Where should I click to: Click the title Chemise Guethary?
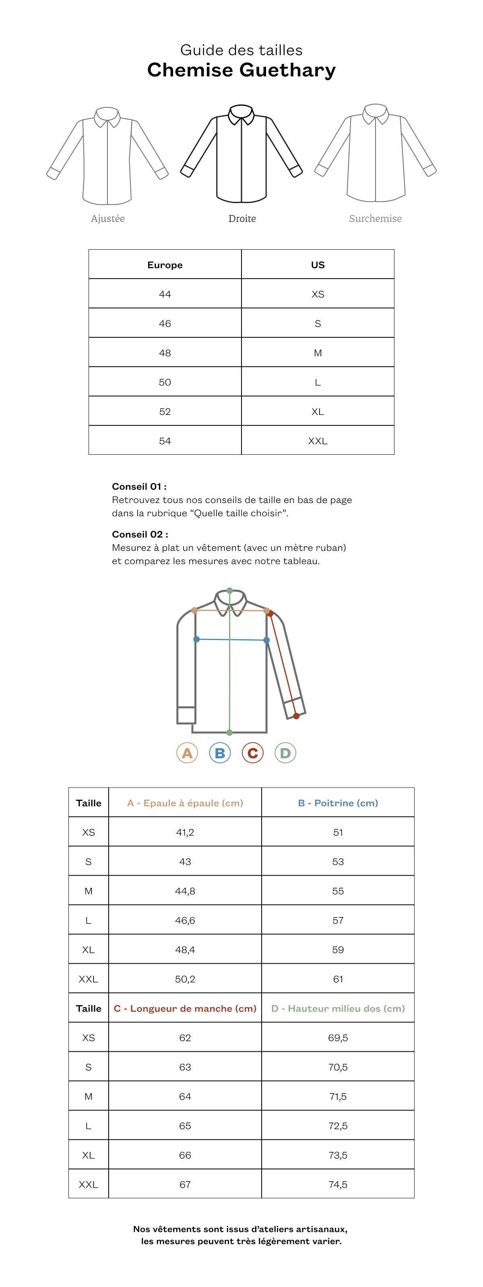click(241, 70)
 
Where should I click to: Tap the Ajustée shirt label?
click(107, 218)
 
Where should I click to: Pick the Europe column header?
click(165, 265)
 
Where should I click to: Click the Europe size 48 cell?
click(165, 353)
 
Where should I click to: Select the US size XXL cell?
click(318, 441)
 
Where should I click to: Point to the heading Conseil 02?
click(140, 534)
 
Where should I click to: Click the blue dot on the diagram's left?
click(196, 639)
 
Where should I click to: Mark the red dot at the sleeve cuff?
click(297, 716)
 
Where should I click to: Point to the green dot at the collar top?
click(229, 591)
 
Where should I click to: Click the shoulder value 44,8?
click(185, 891)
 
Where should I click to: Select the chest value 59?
click(338, 949)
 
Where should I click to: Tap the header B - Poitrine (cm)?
click(338, 803)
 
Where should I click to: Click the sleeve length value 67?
click(185, 1184)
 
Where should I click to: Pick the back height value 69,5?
click(338, 1037)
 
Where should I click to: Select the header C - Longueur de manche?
click(185, 1008)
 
